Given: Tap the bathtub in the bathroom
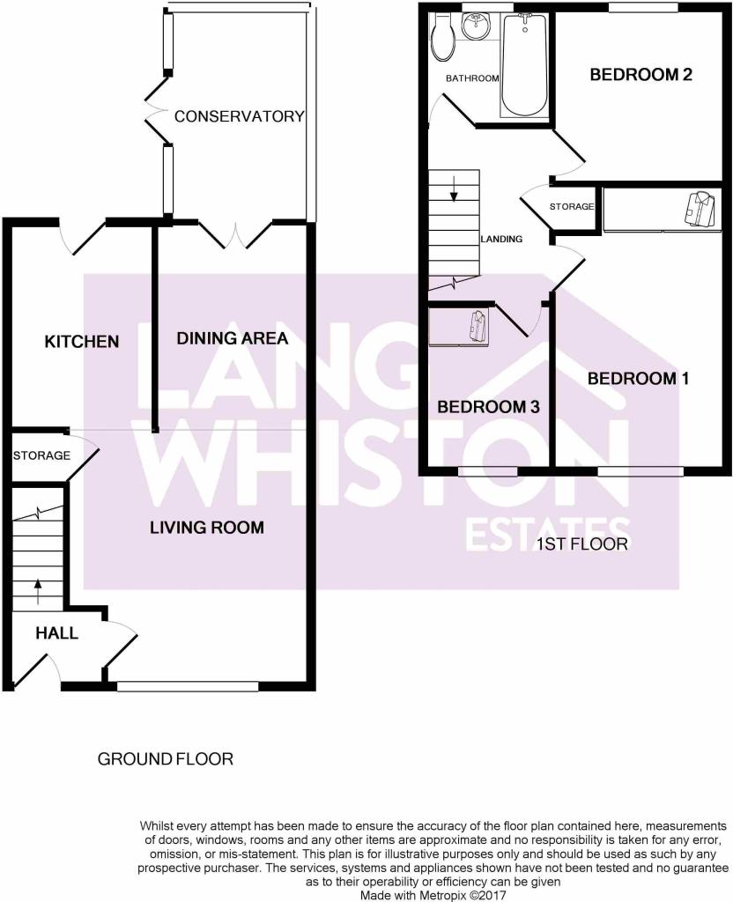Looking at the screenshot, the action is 524,65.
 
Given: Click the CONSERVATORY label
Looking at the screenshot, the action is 240,116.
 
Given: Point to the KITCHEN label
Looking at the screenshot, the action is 82,342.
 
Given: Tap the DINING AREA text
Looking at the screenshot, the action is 232,338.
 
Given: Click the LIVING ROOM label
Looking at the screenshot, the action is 207,528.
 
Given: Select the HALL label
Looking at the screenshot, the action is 56,633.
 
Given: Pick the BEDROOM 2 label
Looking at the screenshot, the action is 641,74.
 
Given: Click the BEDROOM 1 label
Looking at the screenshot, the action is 638,379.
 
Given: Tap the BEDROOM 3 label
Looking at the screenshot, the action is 488,407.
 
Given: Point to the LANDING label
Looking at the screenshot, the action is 501,239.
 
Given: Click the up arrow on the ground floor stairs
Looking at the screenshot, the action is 39,592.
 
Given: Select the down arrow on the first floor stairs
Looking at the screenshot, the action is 454,190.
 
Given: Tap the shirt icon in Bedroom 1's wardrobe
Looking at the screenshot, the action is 699,208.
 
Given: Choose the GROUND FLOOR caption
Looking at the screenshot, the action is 166,759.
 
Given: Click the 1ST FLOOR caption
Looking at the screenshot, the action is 581,544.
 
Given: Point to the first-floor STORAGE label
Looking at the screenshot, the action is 572,206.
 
